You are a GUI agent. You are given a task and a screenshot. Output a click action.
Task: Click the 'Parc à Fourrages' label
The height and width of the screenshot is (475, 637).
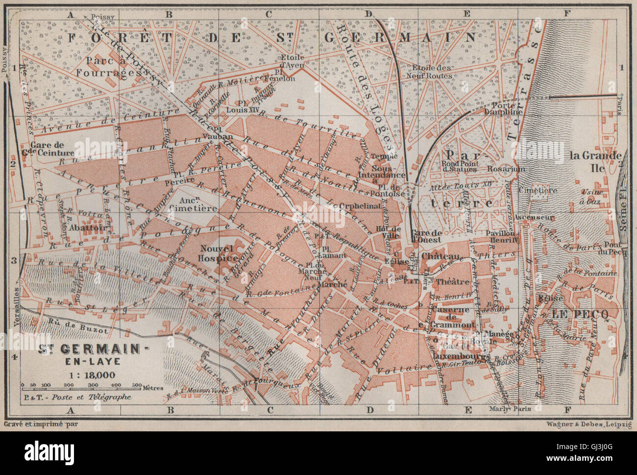(x=105, y=66)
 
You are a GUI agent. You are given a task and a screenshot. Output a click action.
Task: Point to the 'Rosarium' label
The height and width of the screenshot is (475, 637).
(x=506, y=169)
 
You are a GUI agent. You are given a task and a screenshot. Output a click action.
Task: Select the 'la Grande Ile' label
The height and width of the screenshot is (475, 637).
(x=594, y=162)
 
